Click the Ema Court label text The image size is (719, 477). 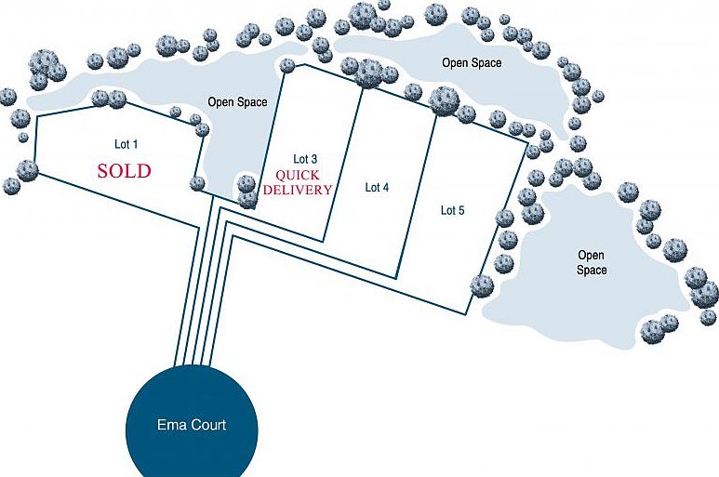(x=191, y=426)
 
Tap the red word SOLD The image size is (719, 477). (x=124, y=171)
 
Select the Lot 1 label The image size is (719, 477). (x=126, y=144)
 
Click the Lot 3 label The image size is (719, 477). (x=306, y=159)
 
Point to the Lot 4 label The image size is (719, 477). (x=377, y=188)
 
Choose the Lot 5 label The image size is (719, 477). (x=452, y=211)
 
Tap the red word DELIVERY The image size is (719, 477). (x=299, y=190)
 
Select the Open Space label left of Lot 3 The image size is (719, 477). (x=237, y=102)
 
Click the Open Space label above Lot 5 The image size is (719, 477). (x=472, y=63)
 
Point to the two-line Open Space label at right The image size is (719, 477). (x=592, y=262)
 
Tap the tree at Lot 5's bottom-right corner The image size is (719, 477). (x=482, y=285)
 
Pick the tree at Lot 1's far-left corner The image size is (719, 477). (x=28, y=169)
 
